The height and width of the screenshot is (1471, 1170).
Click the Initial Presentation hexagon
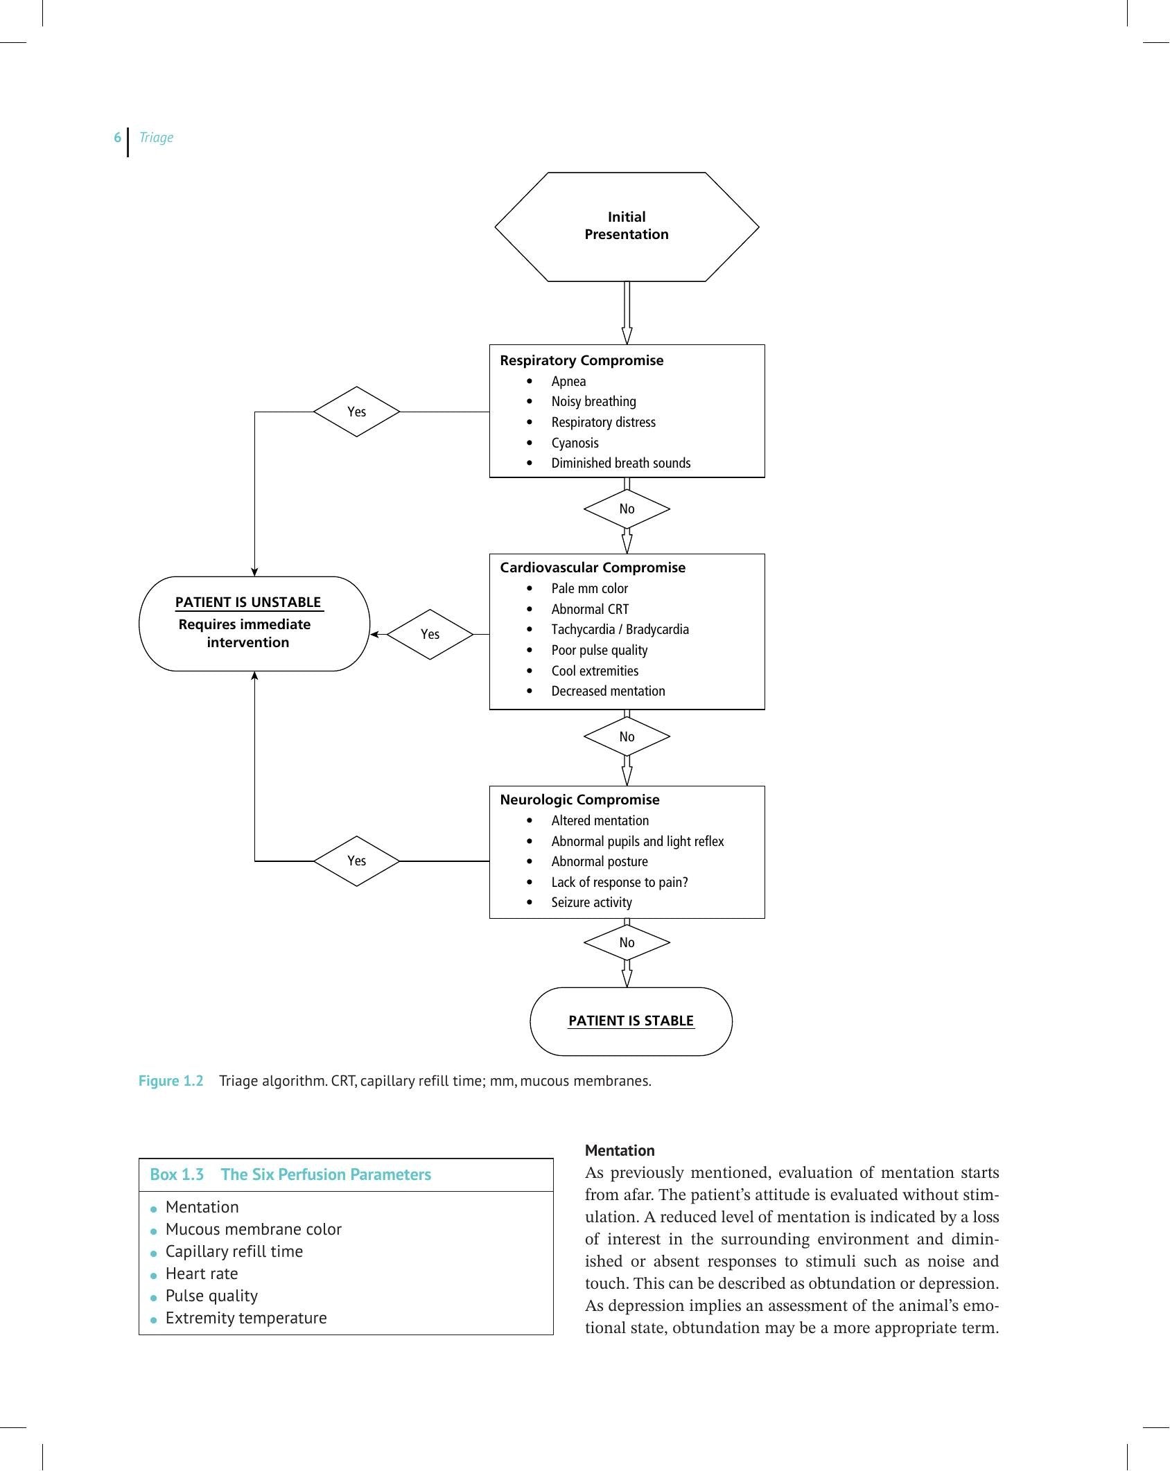point(627,227)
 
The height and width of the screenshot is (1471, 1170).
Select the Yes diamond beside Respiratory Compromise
point(356,412)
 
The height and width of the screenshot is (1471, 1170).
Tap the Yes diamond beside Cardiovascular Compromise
point(430,634)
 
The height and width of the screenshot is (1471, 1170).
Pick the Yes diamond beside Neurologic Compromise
point(356,861)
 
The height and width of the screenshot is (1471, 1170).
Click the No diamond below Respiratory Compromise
point(627,509)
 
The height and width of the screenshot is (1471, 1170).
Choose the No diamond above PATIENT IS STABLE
point(627,942)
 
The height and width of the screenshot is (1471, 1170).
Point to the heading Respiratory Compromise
point(582,360)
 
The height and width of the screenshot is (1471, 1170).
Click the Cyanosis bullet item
point(575,443)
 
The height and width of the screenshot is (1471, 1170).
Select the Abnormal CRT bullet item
point(590,609)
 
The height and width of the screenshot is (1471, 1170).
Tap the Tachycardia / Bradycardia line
point(620,629)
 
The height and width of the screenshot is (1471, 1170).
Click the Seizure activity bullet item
point(591,902)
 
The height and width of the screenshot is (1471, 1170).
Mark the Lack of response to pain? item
point(620,882)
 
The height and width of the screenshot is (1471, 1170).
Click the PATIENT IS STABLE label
point(631,1021)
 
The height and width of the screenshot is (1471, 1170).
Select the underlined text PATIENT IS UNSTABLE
point(248,602)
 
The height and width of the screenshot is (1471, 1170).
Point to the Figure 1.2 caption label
point(171,1081)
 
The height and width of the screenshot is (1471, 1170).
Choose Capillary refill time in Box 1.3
point(234,1251)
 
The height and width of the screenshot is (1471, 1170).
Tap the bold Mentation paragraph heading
point(620,1150)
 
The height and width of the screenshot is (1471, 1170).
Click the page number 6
point(117,137)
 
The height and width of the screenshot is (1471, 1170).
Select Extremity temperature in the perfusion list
point(246,1318)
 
